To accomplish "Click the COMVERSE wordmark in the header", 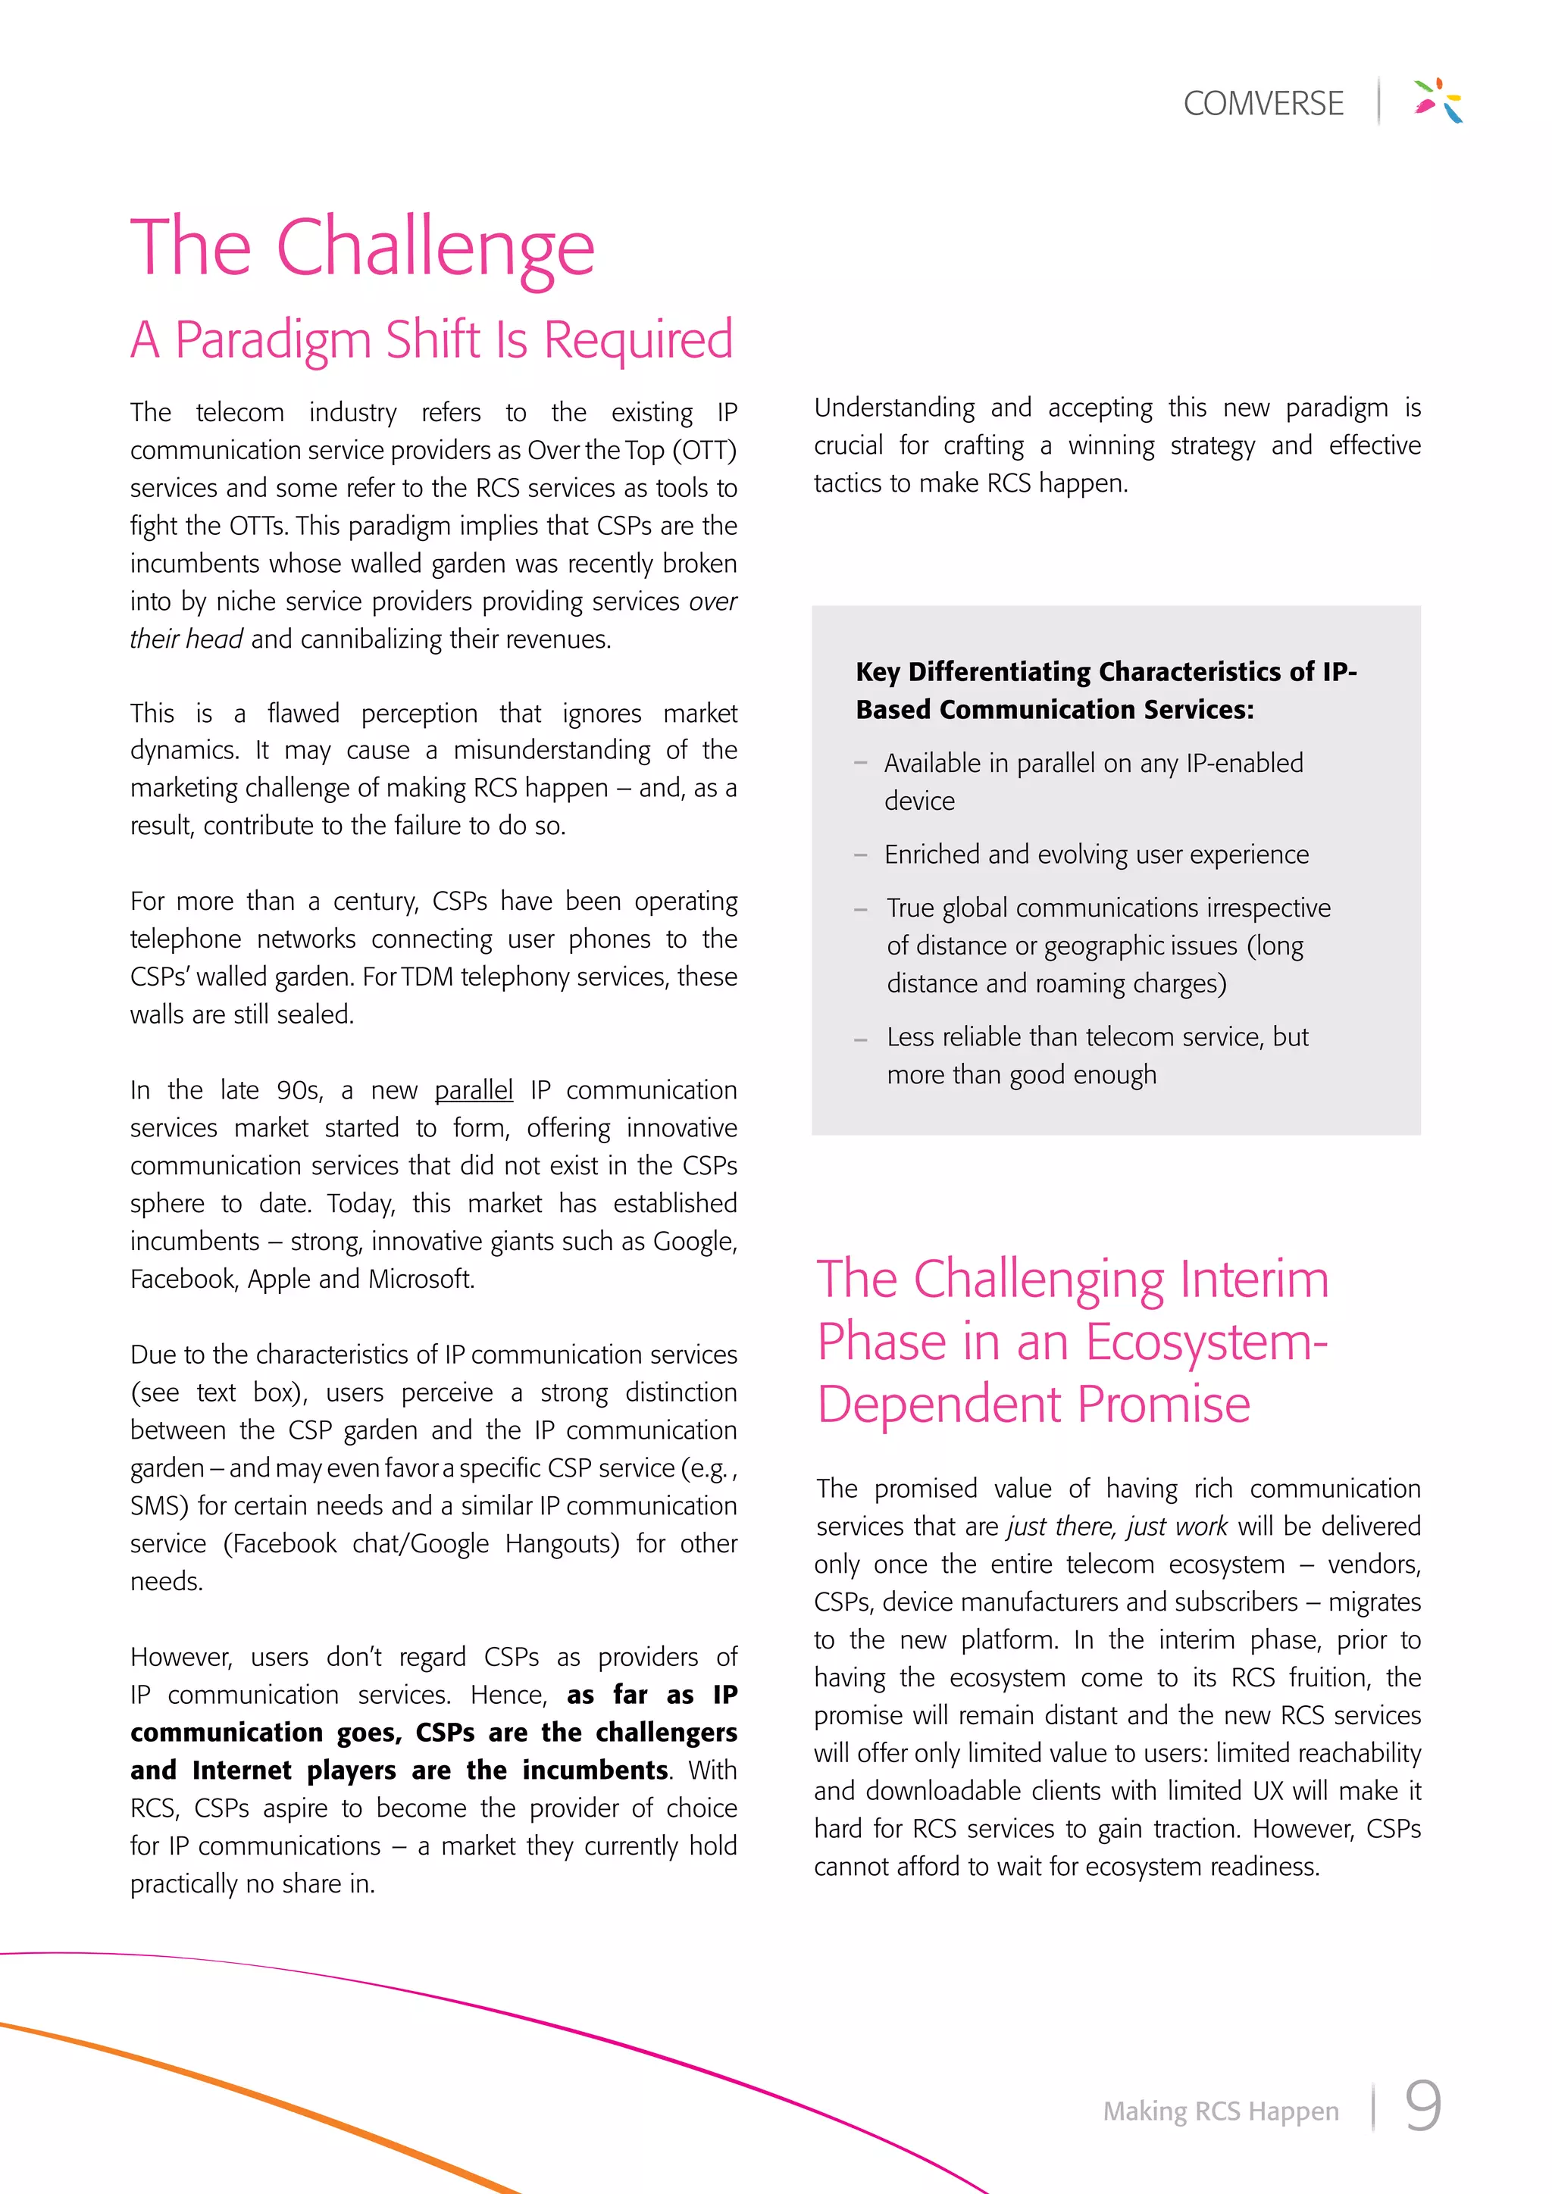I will point(1263,103).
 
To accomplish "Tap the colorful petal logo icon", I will point(1438,100).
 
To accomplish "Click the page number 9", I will point(1422,2106).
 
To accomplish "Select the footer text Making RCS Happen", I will point(1220,2111).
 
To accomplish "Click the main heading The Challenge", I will point(362,248).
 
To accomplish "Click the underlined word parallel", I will point(473,1090).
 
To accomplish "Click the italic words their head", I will point(186,639).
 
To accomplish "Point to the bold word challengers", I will point(666,1733).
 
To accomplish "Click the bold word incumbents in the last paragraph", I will point(594,1771).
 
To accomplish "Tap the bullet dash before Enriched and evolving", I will point(860,855).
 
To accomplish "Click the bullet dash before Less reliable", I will point(860,1039).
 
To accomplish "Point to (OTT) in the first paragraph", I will point(704,450).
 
